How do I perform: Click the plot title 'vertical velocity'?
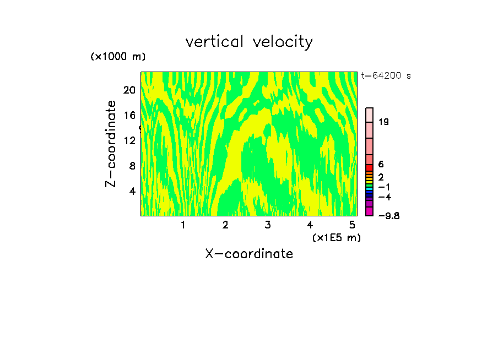click(x=249, y=42)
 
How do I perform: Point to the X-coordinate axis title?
click(x=249, y=254)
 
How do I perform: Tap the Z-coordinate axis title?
click(x=111, y=144)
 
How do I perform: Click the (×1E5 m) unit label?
click(x=336, y=237)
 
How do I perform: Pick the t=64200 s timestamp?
click(x=386, y=76)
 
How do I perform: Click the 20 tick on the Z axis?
click(x=129, y=90)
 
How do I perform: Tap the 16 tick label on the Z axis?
click(x=129, y=116)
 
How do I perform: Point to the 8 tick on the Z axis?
click(x=132, y=166)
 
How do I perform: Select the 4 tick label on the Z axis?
click(x=132, y=191)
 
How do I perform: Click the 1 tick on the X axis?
click(x=183, y=225)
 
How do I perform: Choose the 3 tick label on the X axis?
click(x=268, y=225)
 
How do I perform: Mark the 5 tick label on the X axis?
click(x=352, y=225)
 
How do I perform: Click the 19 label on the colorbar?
click(x=383, y=122)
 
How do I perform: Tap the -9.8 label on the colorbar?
click(x=388, y=215)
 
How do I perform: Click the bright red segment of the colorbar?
click(x=370, y=167)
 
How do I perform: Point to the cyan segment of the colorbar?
click(x=370, y=188)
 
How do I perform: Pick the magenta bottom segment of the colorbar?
click(x=370, y=211)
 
